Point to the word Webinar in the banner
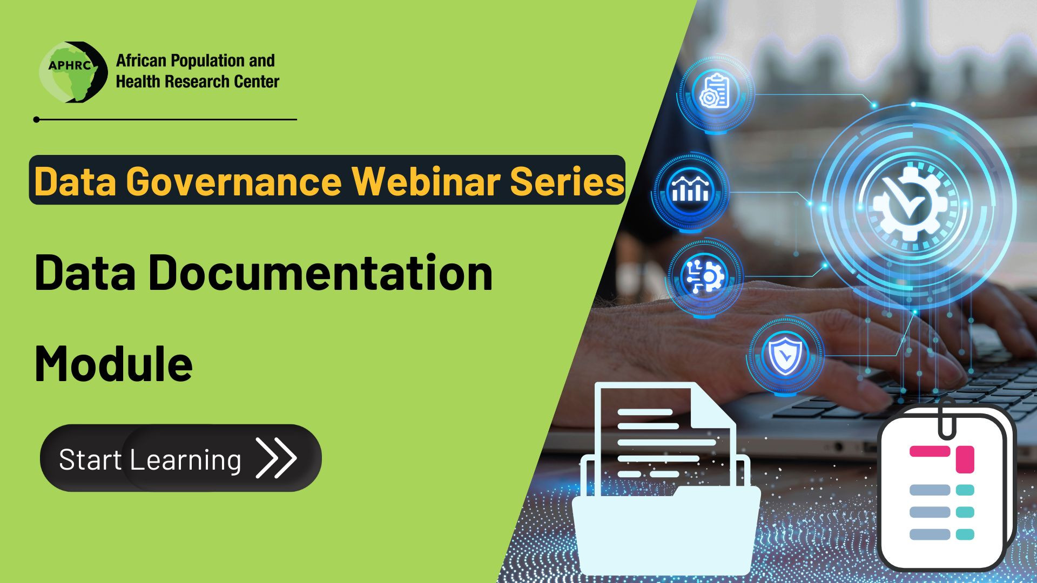426,181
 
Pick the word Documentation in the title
321,273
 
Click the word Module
113,363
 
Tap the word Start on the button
90,460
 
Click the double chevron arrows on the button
276,458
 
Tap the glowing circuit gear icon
704,276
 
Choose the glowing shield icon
784,356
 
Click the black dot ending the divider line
36,119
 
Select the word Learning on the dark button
185,460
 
